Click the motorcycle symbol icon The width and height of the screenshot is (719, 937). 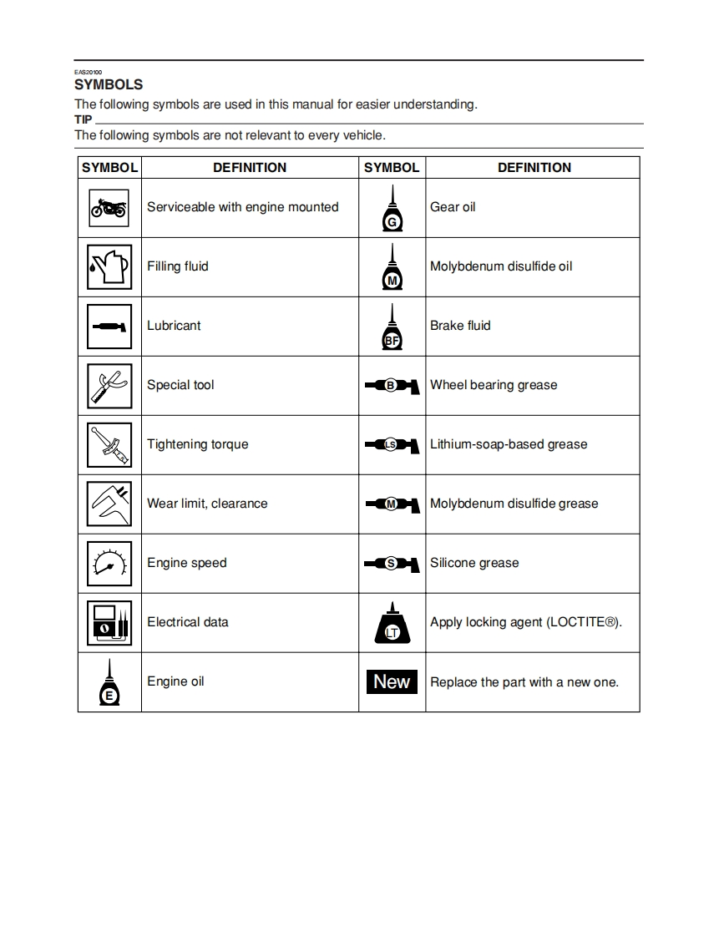tap(109, 207)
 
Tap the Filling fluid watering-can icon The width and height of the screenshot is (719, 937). tap(109, 266)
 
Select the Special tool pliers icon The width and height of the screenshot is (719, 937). tap(109, 385)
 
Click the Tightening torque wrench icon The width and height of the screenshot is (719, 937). tap(109, 444)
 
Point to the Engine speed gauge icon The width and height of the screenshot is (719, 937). tap(109, 563)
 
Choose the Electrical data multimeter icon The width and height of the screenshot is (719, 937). tap(109, 622)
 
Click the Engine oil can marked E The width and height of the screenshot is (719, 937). tap(109, 684)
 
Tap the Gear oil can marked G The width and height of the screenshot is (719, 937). tap(392, 209)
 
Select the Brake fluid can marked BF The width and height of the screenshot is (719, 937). tap(392, 327)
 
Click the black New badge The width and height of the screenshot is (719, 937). tap(392, 681)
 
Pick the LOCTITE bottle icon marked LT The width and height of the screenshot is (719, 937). tap(392, 624)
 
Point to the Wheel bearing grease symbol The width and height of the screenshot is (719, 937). tap(392, 385)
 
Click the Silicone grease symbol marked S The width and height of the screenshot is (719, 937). tap(392, 563)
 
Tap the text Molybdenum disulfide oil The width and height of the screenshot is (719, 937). tap(501, 266)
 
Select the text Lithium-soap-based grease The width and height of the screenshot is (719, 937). tap(509, 444)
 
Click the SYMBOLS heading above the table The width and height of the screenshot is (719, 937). tap(109, 84)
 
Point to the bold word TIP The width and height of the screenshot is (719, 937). tap(84, 119)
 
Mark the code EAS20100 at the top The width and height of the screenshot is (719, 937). tap(87, 73)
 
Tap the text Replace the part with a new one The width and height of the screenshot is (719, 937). tap(524, 682)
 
